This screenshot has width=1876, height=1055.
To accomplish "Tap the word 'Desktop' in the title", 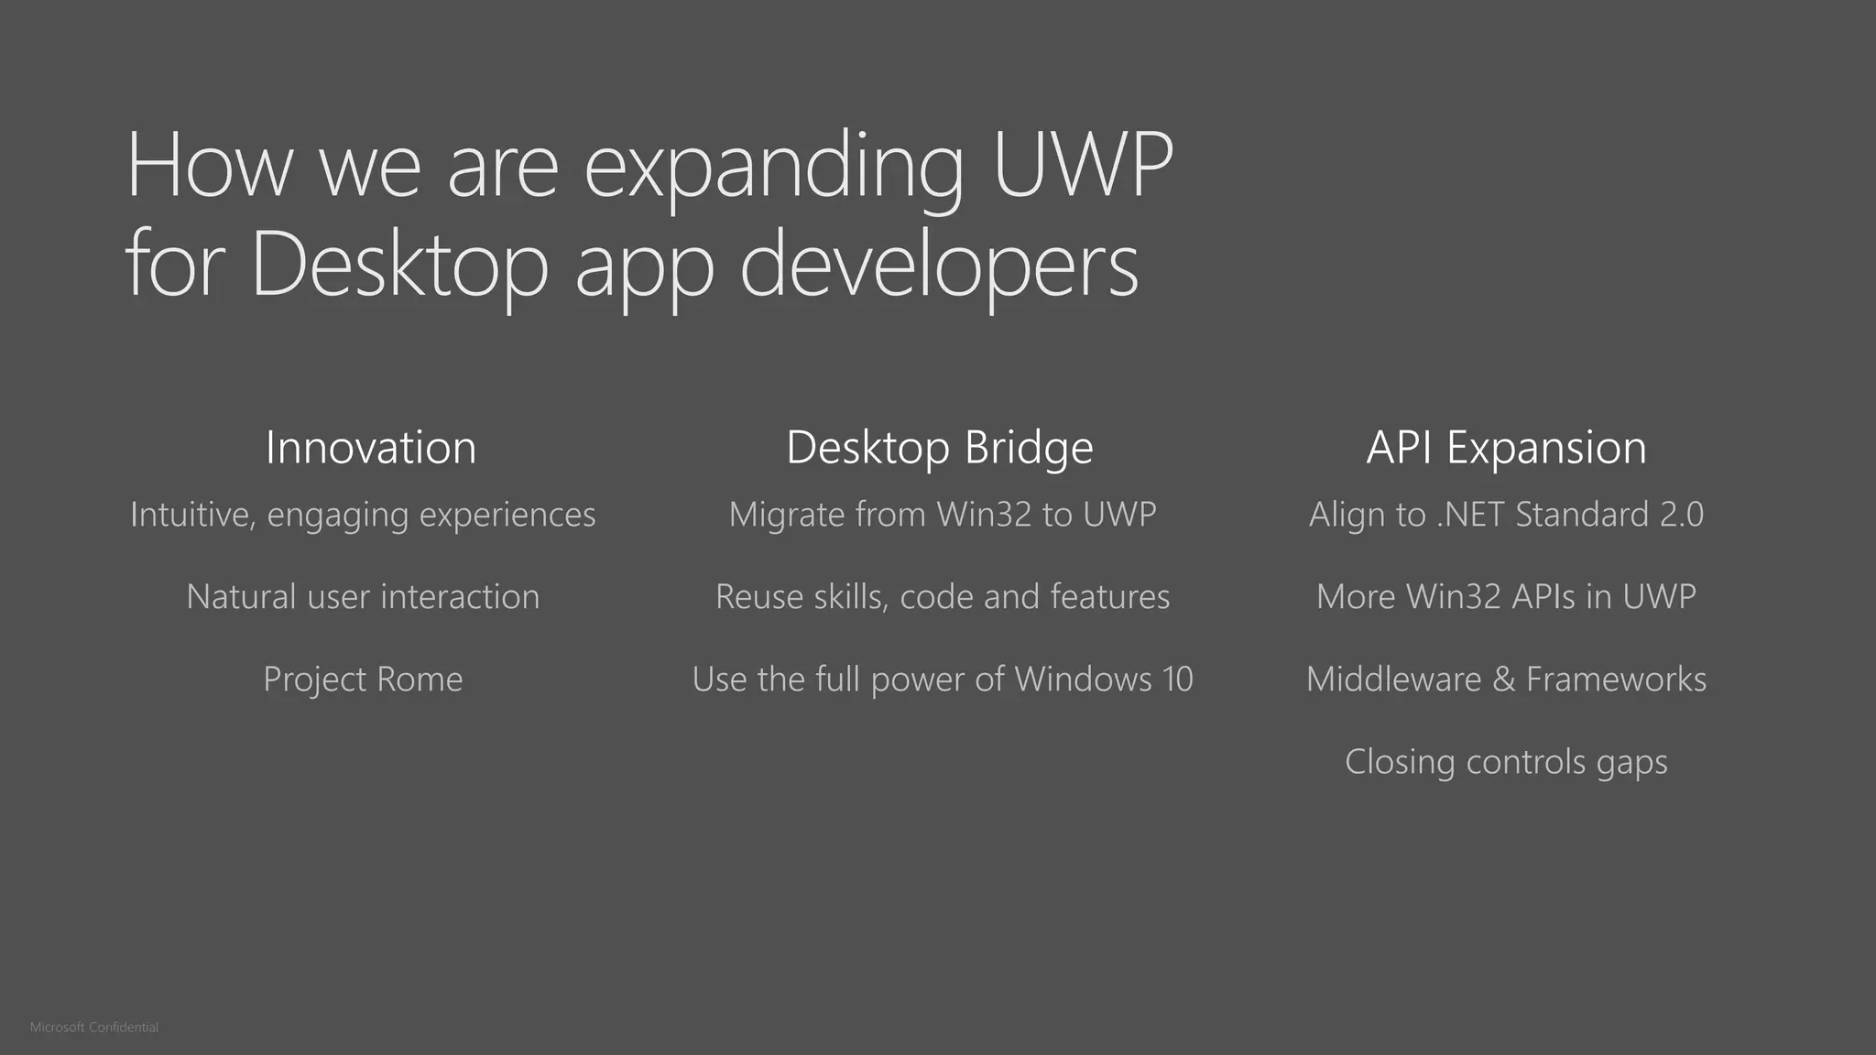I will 399,265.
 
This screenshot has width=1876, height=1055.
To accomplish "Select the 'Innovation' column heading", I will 371,448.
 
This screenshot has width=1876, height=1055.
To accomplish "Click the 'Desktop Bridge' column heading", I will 940,448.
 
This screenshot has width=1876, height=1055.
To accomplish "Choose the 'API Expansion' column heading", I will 1506,448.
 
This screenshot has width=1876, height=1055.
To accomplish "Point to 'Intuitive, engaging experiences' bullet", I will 363,515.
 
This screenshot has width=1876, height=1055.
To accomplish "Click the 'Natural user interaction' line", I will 363,597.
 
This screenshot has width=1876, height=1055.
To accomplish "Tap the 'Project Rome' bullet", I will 363,680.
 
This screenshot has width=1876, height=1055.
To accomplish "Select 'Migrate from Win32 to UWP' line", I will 943,515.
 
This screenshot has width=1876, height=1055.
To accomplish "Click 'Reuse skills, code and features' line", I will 943,597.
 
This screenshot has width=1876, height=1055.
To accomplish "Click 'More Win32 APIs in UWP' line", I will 1506,597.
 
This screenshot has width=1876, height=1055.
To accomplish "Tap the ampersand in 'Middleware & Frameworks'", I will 1503,680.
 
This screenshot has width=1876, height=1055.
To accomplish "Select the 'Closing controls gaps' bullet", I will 1506,762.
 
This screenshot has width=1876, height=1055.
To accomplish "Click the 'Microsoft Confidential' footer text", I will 94,1028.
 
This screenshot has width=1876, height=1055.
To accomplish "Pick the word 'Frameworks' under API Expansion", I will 1616,680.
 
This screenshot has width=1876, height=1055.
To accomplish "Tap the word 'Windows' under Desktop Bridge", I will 1083,680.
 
